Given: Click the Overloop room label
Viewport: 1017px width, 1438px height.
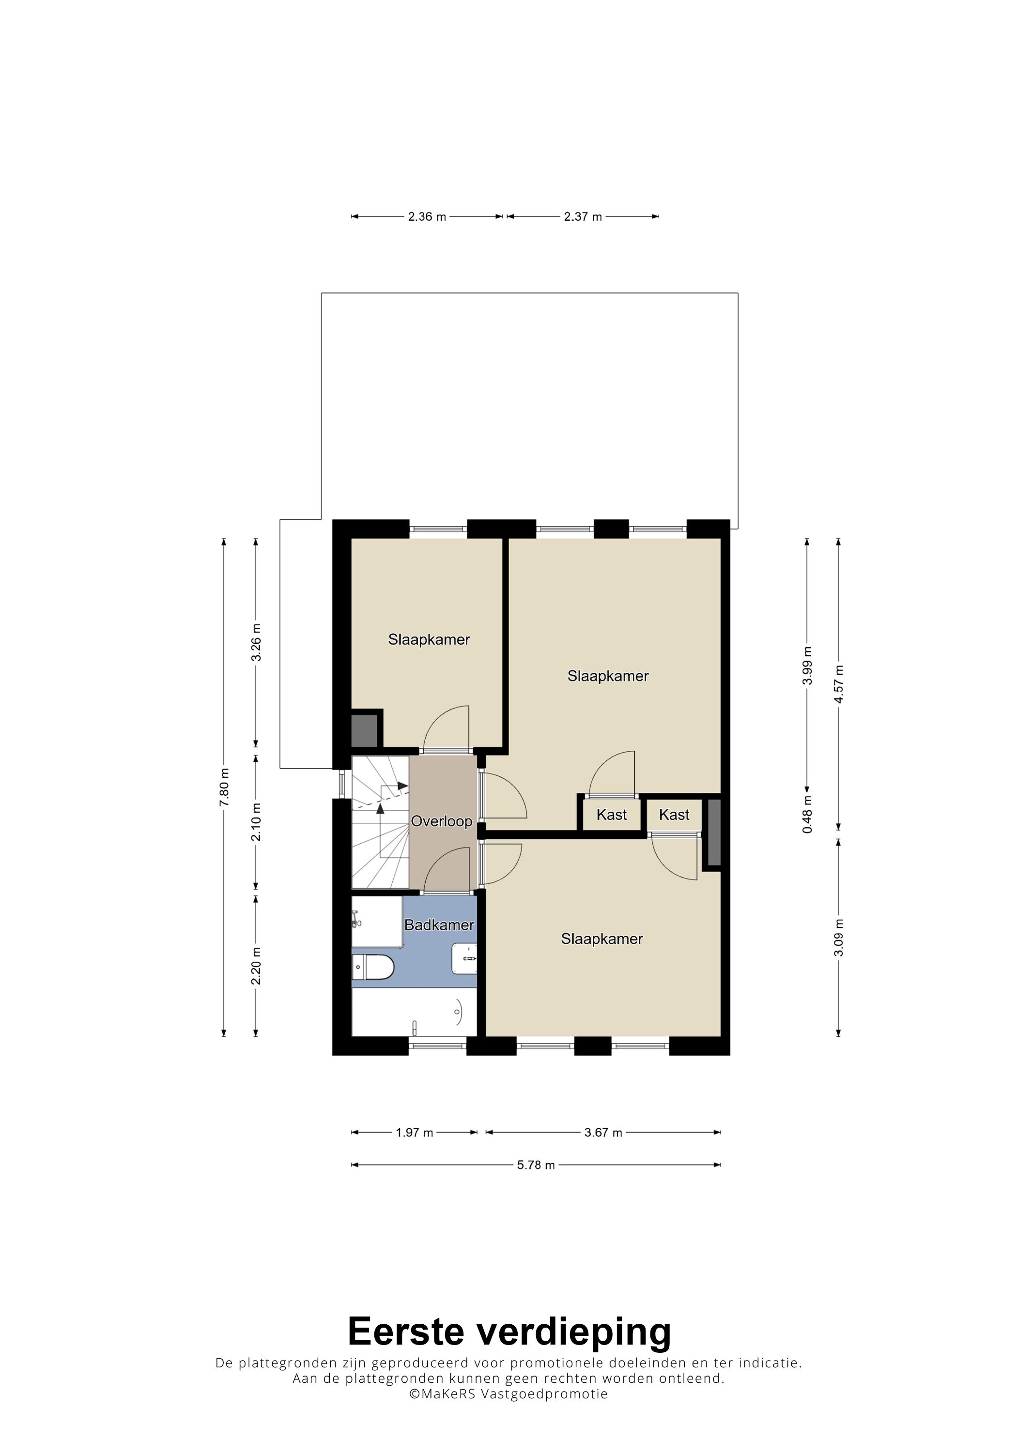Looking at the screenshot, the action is pos(441,821).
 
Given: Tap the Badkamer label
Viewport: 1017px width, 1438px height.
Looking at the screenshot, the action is pos(439,925).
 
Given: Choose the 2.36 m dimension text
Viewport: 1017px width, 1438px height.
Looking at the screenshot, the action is pos(427,217).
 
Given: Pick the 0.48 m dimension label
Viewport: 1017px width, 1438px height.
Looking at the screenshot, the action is pos(807,814).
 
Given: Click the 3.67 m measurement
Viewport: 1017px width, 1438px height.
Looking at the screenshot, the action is pos(603,1133).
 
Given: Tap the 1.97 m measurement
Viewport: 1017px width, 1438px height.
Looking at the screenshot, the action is pos(414,1133).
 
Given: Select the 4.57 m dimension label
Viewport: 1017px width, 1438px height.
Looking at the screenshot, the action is pos(839,683).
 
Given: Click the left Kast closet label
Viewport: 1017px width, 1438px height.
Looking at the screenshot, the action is pos(612,815).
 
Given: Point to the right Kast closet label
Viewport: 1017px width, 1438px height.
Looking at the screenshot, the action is pos(674,815).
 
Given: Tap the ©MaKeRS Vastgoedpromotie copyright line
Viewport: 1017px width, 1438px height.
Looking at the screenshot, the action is pos(508,1393).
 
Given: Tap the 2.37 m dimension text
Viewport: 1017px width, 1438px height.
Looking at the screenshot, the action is pos(583,217).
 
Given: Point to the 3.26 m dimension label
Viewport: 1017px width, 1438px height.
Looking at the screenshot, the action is pos(256,643).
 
